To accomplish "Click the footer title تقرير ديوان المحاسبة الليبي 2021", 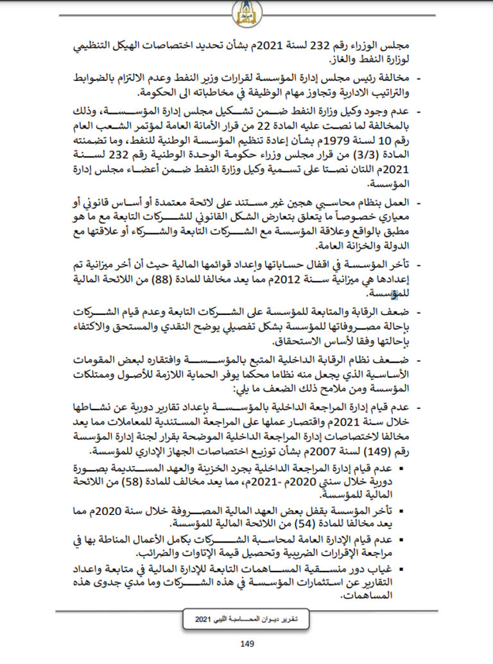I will [x=248, y=618].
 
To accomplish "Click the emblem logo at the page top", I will [x=247, y=11].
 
